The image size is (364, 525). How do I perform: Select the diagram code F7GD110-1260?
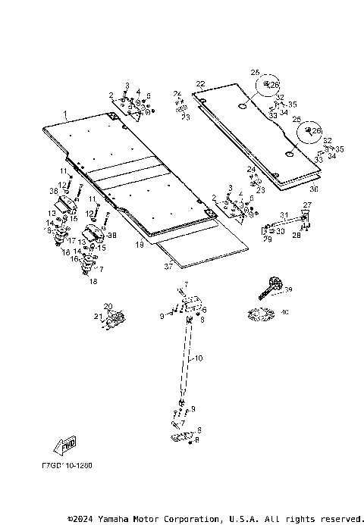click(x=67, y=466)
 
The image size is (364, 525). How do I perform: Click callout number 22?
click(x=200, y=83)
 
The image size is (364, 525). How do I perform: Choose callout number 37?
click(x=169, y=264)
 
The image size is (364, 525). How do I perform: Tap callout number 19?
click(x=140, y=245)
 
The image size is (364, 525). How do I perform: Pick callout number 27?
click(x=307, y=205)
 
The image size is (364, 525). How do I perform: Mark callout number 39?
click(x=288, y=290)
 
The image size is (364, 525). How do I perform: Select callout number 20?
click(x=108, y=306)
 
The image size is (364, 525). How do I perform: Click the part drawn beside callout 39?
click(x=271, y=287)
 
